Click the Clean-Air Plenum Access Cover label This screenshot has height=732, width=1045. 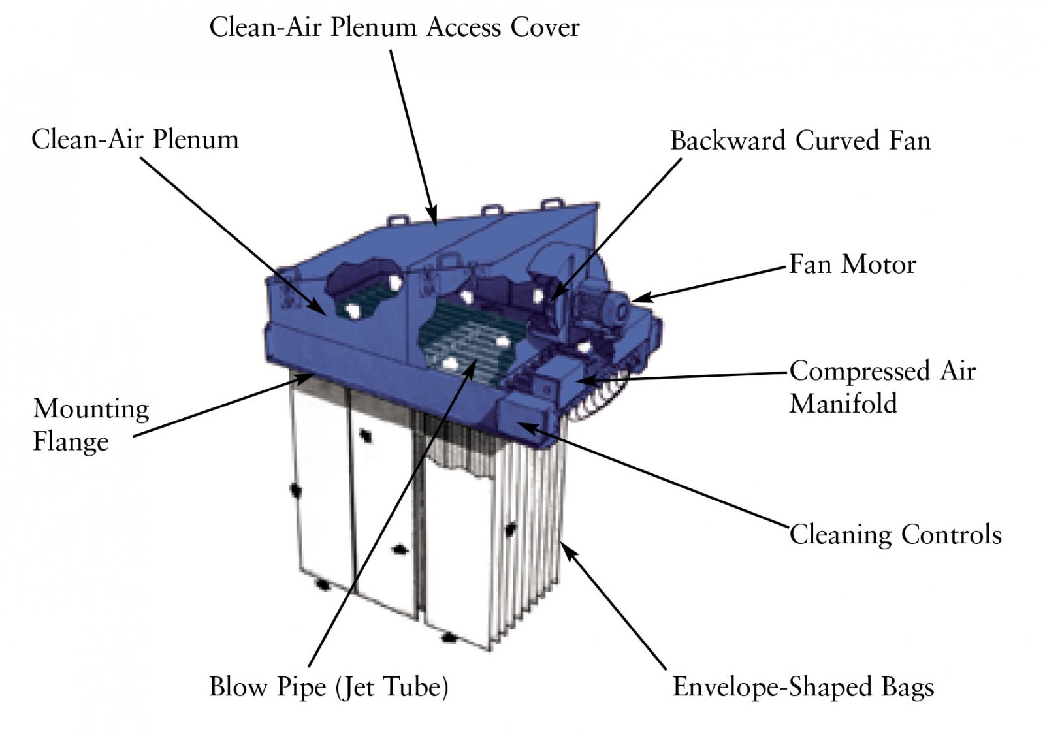point(394,27)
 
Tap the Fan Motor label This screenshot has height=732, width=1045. point(852,264)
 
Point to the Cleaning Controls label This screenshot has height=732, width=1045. point(895,534)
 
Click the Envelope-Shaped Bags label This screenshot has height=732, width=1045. point(803,687)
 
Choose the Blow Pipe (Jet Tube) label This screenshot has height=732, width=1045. point(329,687)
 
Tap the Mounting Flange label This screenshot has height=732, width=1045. point(91,425)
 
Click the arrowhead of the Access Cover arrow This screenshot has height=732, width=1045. point(432,215)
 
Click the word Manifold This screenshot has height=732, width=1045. point(843,404)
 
